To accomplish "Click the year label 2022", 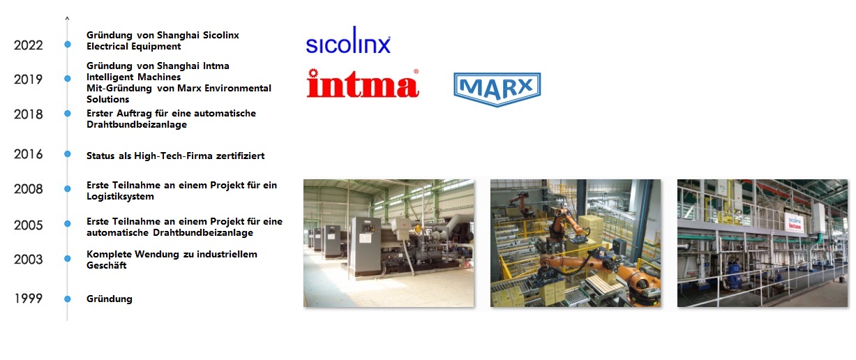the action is tap(29, 45).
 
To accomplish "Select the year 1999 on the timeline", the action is tap(29, 299).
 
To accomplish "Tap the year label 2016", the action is tap(29, 154).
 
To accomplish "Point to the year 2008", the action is tap(29, 189).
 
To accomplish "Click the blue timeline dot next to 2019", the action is tap(68, 79).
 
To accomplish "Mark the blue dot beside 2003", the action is tap(68, 259).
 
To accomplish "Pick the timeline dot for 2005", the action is tap(68, 223).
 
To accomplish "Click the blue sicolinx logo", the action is tap(348, 40).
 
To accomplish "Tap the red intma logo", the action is tap(363, 83).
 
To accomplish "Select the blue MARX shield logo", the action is tap(497, 89).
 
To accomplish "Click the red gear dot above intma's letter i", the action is tap(313, 73).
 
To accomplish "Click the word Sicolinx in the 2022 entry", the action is tap(221, 35).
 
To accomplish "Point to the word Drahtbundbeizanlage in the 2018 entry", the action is tap(137, 125).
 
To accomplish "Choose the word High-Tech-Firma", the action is tap(173, 156).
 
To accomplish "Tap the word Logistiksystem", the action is tap(120, 197).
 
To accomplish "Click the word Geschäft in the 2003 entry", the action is tap(106, 265).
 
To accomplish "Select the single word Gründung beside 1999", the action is tap(110, 299).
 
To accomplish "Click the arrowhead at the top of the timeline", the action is tap(67, 18).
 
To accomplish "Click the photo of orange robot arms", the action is tap(576, 243).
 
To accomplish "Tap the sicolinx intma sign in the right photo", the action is tap(795, 223).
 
